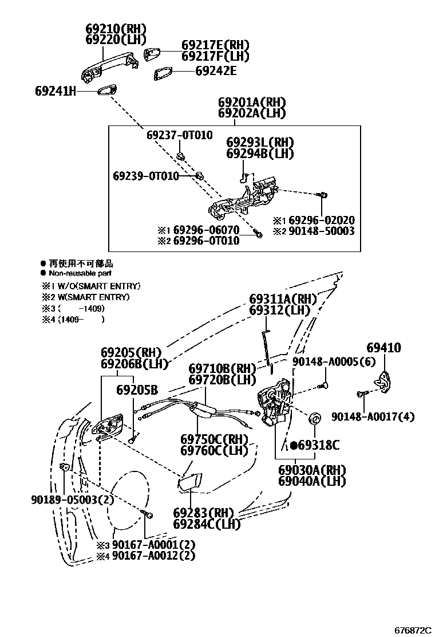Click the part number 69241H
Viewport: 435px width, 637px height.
click(x=56, y=91)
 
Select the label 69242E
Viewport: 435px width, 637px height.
click(x=216, y=71)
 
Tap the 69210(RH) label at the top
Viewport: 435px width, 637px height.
click(x=116, y=29)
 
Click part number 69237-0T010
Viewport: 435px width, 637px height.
click(x=179, y=135)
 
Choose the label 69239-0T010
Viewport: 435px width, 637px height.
click(x=145, y=176)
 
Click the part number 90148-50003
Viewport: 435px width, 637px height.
click(x=321, y=231)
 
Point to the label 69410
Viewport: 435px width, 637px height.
click(x=383, y=348)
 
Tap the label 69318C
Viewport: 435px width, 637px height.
click(x=318, y=445)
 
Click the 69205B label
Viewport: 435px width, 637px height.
click(x=137, y=390)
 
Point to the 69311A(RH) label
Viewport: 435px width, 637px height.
click(x=283, y=299)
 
